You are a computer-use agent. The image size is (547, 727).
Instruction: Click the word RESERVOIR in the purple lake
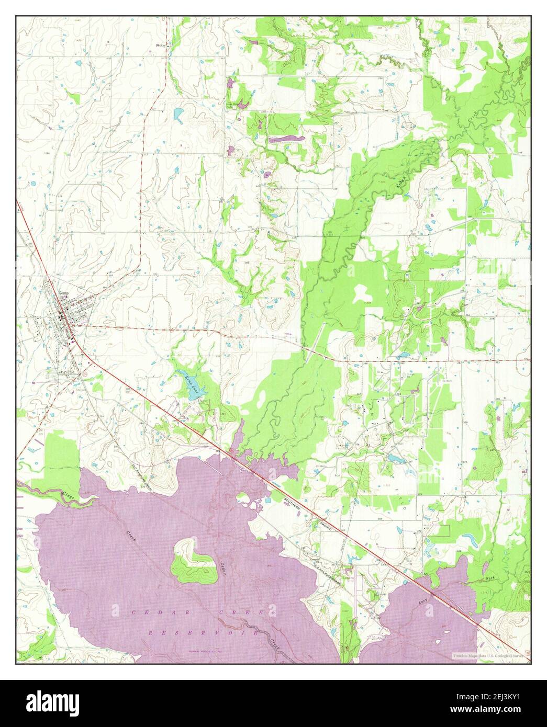pos(202,633)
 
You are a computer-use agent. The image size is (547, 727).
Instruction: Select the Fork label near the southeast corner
pos(490,579)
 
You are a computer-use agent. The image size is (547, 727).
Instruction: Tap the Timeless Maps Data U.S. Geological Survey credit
pos(488,654)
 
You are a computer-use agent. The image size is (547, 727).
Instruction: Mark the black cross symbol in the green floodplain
pos(347,228)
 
